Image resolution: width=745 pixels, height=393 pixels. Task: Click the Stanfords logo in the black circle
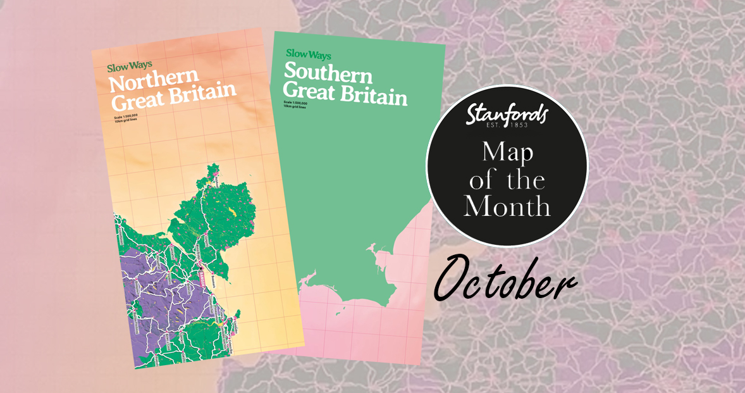click(507, 115)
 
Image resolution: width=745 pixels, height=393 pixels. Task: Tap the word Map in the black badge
click(507, 153)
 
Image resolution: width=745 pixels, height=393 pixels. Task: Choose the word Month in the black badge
click(507, 206)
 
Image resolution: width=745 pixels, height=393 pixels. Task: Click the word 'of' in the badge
click(481, 180)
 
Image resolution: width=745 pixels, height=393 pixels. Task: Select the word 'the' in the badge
click(525, 180)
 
